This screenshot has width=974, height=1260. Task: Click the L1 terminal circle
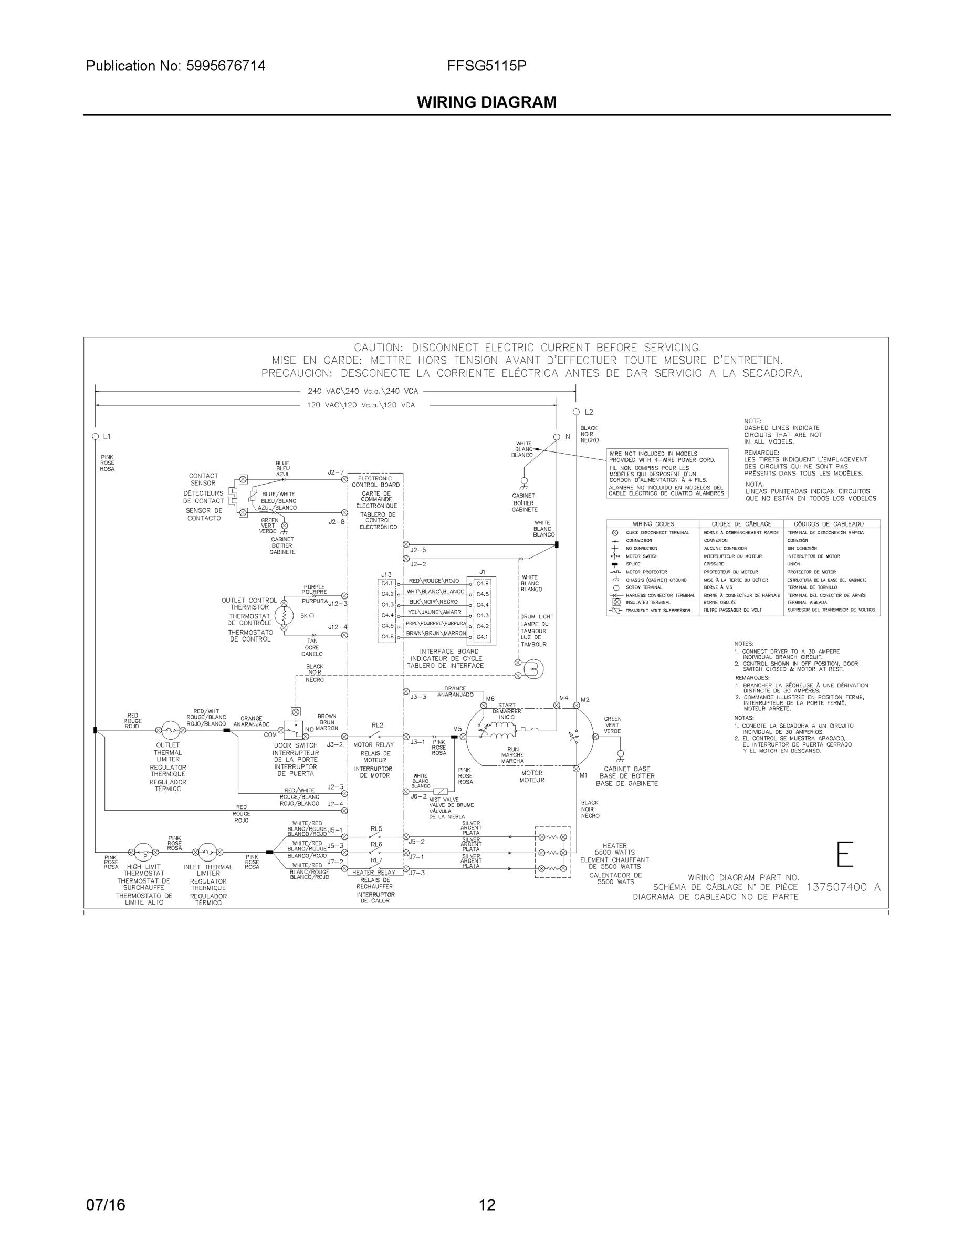[95, 437]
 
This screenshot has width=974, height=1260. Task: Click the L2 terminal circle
[576, 412]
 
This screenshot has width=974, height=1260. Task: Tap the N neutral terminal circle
[557, 437]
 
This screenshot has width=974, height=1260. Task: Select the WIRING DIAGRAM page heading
[486, 102]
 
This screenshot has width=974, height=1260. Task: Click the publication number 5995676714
[226, 66]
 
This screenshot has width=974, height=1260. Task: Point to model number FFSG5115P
[486, 66]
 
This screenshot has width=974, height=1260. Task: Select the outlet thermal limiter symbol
[170, 730]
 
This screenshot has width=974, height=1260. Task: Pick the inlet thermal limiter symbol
[207, 852]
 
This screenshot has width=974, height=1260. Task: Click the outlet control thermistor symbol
[284, 616]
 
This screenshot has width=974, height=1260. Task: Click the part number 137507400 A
[843, 887]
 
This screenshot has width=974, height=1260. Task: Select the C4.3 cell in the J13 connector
[387, 605]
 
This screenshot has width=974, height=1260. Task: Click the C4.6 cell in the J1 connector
[483, 584]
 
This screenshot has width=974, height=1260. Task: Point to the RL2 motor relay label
[378, 725]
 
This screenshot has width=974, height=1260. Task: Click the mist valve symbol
[440, 792]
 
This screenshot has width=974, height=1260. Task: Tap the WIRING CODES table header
[653, 524]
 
